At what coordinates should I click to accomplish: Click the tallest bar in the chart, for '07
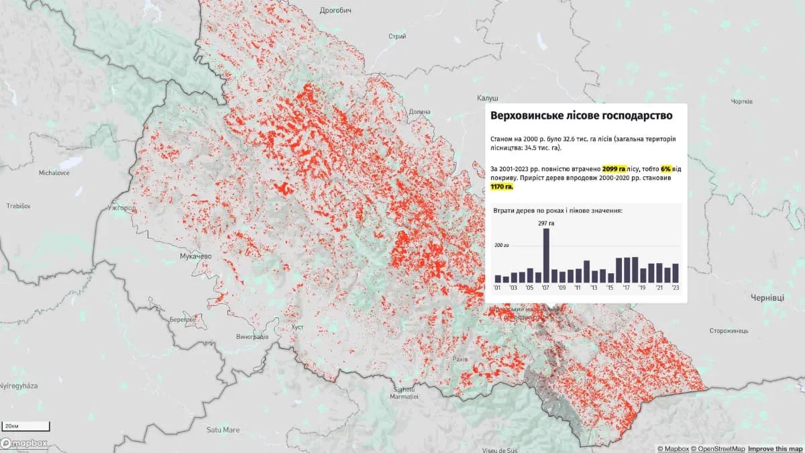[546, 256]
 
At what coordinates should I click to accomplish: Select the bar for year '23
[676, 272]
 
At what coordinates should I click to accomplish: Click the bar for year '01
[498, 279]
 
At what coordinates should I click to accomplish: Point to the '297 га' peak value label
[546, 223]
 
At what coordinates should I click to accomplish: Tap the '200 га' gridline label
[502, 246]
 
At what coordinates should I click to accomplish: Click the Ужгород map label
[121, 208]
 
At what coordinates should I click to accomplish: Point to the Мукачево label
[196, 256]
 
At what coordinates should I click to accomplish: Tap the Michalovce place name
[55, 172]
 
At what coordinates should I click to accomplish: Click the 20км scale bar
[25, 426]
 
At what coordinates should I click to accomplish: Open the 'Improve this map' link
[775, 448]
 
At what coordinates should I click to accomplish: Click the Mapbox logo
[24, 443]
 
